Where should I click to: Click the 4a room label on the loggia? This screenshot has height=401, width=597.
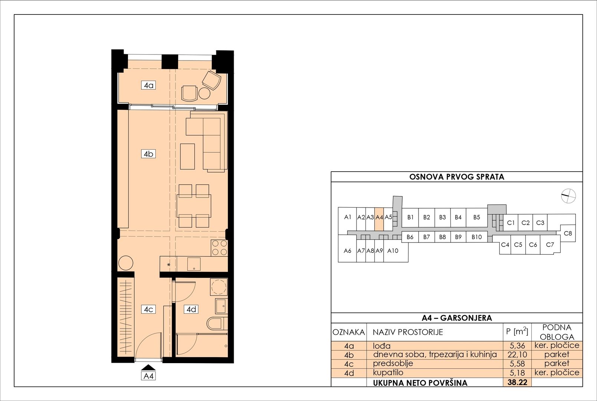tap(148, 85)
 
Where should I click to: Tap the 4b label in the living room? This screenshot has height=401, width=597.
tap(148, 154)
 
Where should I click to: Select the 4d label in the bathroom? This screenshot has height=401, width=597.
tap(191, 309)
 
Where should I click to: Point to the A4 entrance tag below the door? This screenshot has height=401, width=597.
tap(148, 376)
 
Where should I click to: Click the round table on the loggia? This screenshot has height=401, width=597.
tap(204, 93)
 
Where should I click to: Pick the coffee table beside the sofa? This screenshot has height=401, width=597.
tap(187, 157)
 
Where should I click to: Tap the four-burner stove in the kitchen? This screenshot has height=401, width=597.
tap(219, 248)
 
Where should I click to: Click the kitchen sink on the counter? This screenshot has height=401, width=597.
tap(194, 264)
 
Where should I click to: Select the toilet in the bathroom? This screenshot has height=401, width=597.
tap(217, 324)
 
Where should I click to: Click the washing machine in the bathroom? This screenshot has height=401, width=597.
tap(219, 287)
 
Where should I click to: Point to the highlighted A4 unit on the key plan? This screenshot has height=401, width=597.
tap(379, 219)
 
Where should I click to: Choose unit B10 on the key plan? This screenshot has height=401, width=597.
tap(476, 237)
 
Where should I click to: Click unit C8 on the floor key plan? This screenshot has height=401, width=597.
tap(568, 233)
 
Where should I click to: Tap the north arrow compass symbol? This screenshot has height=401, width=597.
tap(568, 196)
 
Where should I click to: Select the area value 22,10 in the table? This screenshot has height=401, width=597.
tap(517, 355)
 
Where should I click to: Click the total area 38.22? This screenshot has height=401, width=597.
tap(517, 382)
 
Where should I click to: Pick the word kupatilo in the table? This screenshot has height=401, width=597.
tap(388, 372)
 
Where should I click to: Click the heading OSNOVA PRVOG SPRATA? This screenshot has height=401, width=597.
tap(456, 177)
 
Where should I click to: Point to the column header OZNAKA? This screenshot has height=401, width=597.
tap(349, 332)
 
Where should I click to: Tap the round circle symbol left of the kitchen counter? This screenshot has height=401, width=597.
tap(125, 263)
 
